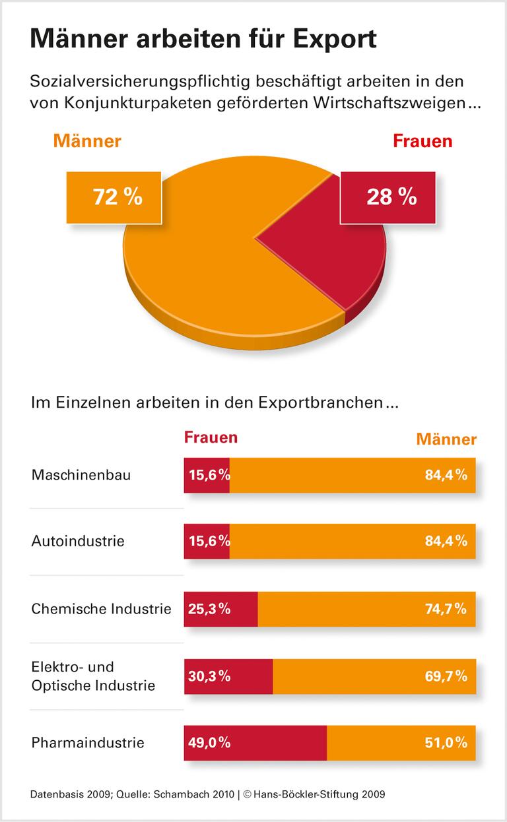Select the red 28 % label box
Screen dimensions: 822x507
tap(388, 196)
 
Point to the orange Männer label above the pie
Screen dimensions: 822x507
tap(87, 141)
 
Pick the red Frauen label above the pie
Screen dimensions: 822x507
tap(422, 141)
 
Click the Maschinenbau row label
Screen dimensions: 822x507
tap(81, 474)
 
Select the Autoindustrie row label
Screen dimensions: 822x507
tap(78, 541)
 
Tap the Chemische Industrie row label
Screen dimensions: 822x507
tap(101, 608)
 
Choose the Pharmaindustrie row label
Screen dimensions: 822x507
tap(88, 743)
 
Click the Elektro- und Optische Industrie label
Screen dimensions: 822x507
tap(93, 676)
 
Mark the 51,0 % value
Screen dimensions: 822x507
tap(446, 743)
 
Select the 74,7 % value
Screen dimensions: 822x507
tap(446, 608)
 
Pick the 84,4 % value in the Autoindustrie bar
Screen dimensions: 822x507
tap(446, 541)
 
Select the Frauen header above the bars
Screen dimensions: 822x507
tap(211, 437)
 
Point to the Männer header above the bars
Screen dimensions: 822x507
tap(446, 439)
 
